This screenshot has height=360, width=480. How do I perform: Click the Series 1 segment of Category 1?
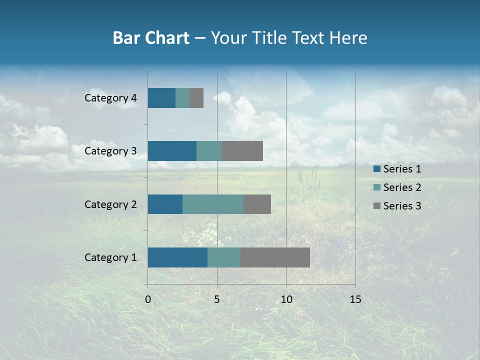(177, 257)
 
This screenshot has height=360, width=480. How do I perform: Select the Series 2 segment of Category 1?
(224, 257)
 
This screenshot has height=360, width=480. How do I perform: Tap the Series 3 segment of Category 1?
(275, 257)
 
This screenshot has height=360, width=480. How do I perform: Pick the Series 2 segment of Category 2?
(213, 204)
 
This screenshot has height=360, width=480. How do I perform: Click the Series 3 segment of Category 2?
(257, 204)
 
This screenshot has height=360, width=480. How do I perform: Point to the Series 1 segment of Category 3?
(172, 151)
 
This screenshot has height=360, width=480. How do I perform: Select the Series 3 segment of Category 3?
(242, 151)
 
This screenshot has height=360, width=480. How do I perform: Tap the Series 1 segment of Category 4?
(161, 98)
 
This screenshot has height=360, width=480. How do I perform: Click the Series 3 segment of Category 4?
(196, 98)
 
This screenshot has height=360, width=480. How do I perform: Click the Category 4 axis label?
(110, 98)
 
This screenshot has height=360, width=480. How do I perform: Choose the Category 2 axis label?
(110, 204)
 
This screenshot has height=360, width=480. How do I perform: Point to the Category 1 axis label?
(110, 257)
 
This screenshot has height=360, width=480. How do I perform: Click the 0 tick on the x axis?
(148, 299)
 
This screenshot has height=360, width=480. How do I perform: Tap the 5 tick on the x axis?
(217, 299)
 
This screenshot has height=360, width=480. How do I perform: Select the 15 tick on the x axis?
(355, 299)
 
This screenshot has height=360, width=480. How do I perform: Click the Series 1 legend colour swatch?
(376, 169)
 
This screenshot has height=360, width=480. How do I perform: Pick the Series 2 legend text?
(402, 187)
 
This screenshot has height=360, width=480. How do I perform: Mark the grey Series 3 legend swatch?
(376, 206)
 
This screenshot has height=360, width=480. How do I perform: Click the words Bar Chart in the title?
(150, 38)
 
